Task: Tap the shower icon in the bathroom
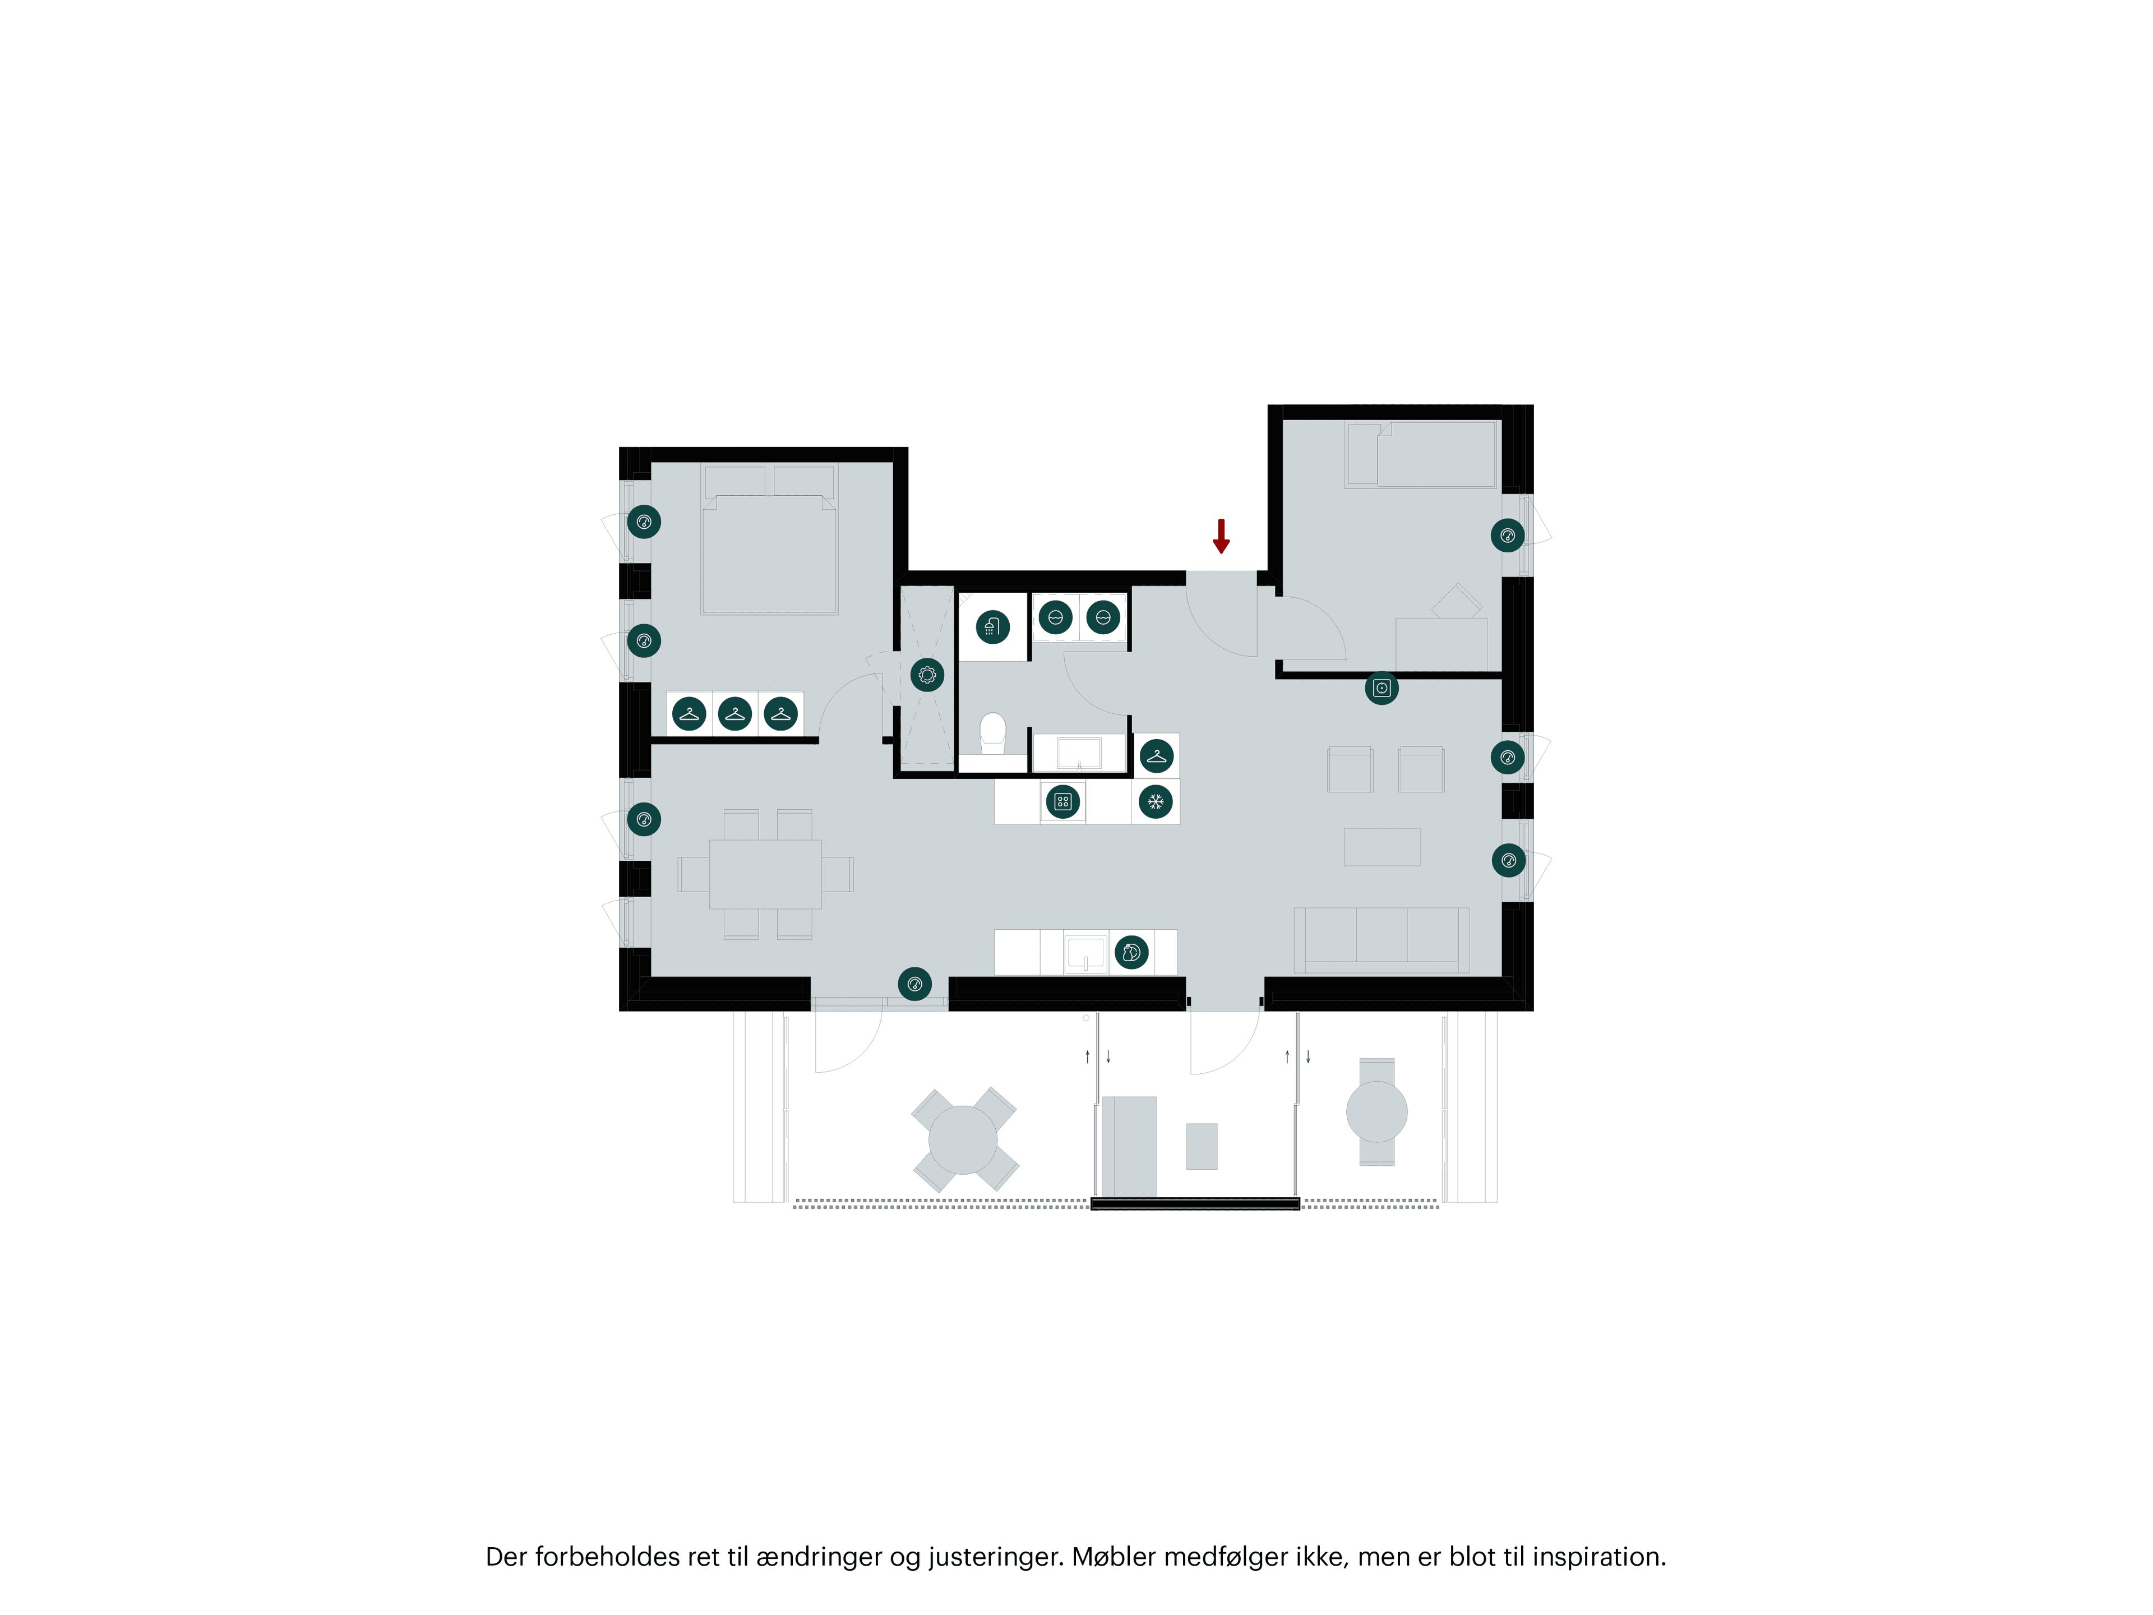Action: [992, 627]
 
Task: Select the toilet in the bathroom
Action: [992, 732]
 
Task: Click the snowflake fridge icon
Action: [1156, 802]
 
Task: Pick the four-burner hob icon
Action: [1063, 802]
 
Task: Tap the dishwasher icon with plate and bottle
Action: [1131, 952]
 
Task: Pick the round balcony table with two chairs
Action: [1376, 1111]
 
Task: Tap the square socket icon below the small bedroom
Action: [1381, 688]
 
